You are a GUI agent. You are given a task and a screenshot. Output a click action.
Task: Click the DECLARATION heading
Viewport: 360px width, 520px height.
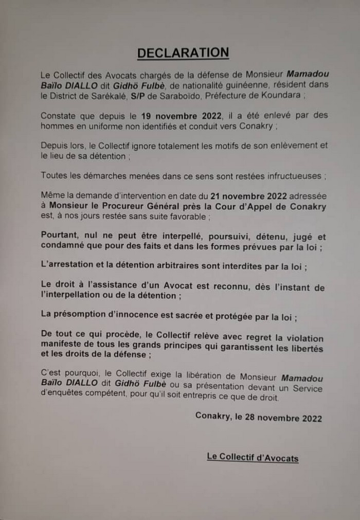click(x=183, y=53)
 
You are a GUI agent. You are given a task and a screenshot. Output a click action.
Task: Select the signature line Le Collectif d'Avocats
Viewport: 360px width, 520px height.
click(x=253, y=457)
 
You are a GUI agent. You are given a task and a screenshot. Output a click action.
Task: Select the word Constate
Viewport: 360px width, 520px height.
click(x=59, y=115)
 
